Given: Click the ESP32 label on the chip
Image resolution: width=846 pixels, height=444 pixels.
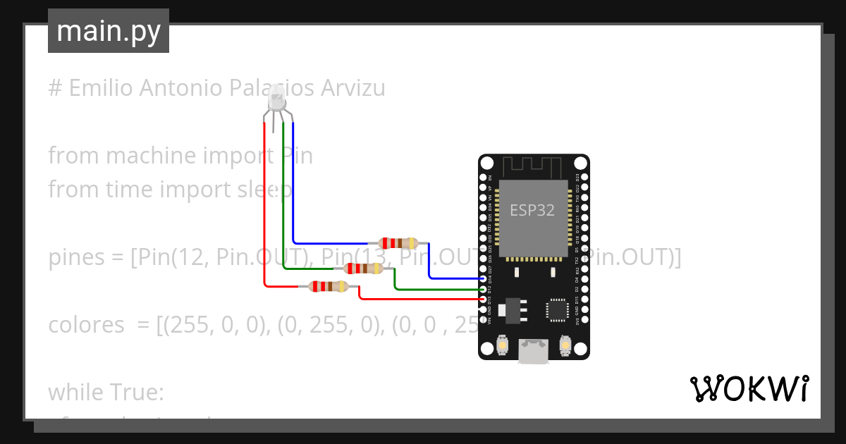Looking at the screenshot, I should pos(532,210).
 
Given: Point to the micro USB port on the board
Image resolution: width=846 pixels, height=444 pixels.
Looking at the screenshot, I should pos(534,351).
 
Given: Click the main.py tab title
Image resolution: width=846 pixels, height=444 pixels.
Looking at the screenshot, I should pos(109,31).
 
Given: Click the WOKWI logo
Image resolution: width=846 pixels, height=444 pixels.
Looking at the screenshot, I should pos(749,389).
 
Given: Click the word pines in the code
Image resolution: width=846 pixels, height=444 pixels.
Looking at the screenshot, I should pos(75,259).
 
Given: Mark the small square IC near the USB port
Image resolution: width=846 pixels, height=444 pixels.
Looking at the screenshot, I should pos(557,310).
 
